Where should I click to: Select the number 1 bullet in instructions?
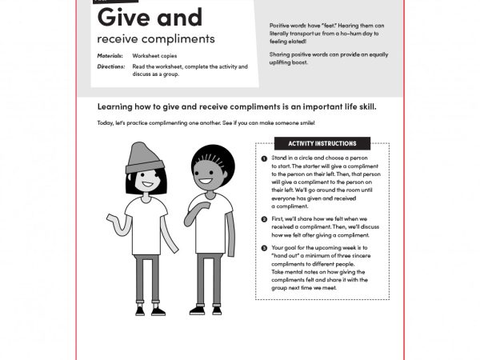point(264,159)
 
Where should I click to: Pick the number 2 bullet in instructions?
point(264,218)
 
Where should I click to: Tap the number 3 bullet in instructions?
point(264,249)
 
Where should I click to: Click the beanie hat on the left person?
point(145,155)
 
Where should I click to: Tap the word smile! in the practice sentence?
point(305,122)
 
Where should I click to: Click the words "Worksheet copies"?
point(154,57)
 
